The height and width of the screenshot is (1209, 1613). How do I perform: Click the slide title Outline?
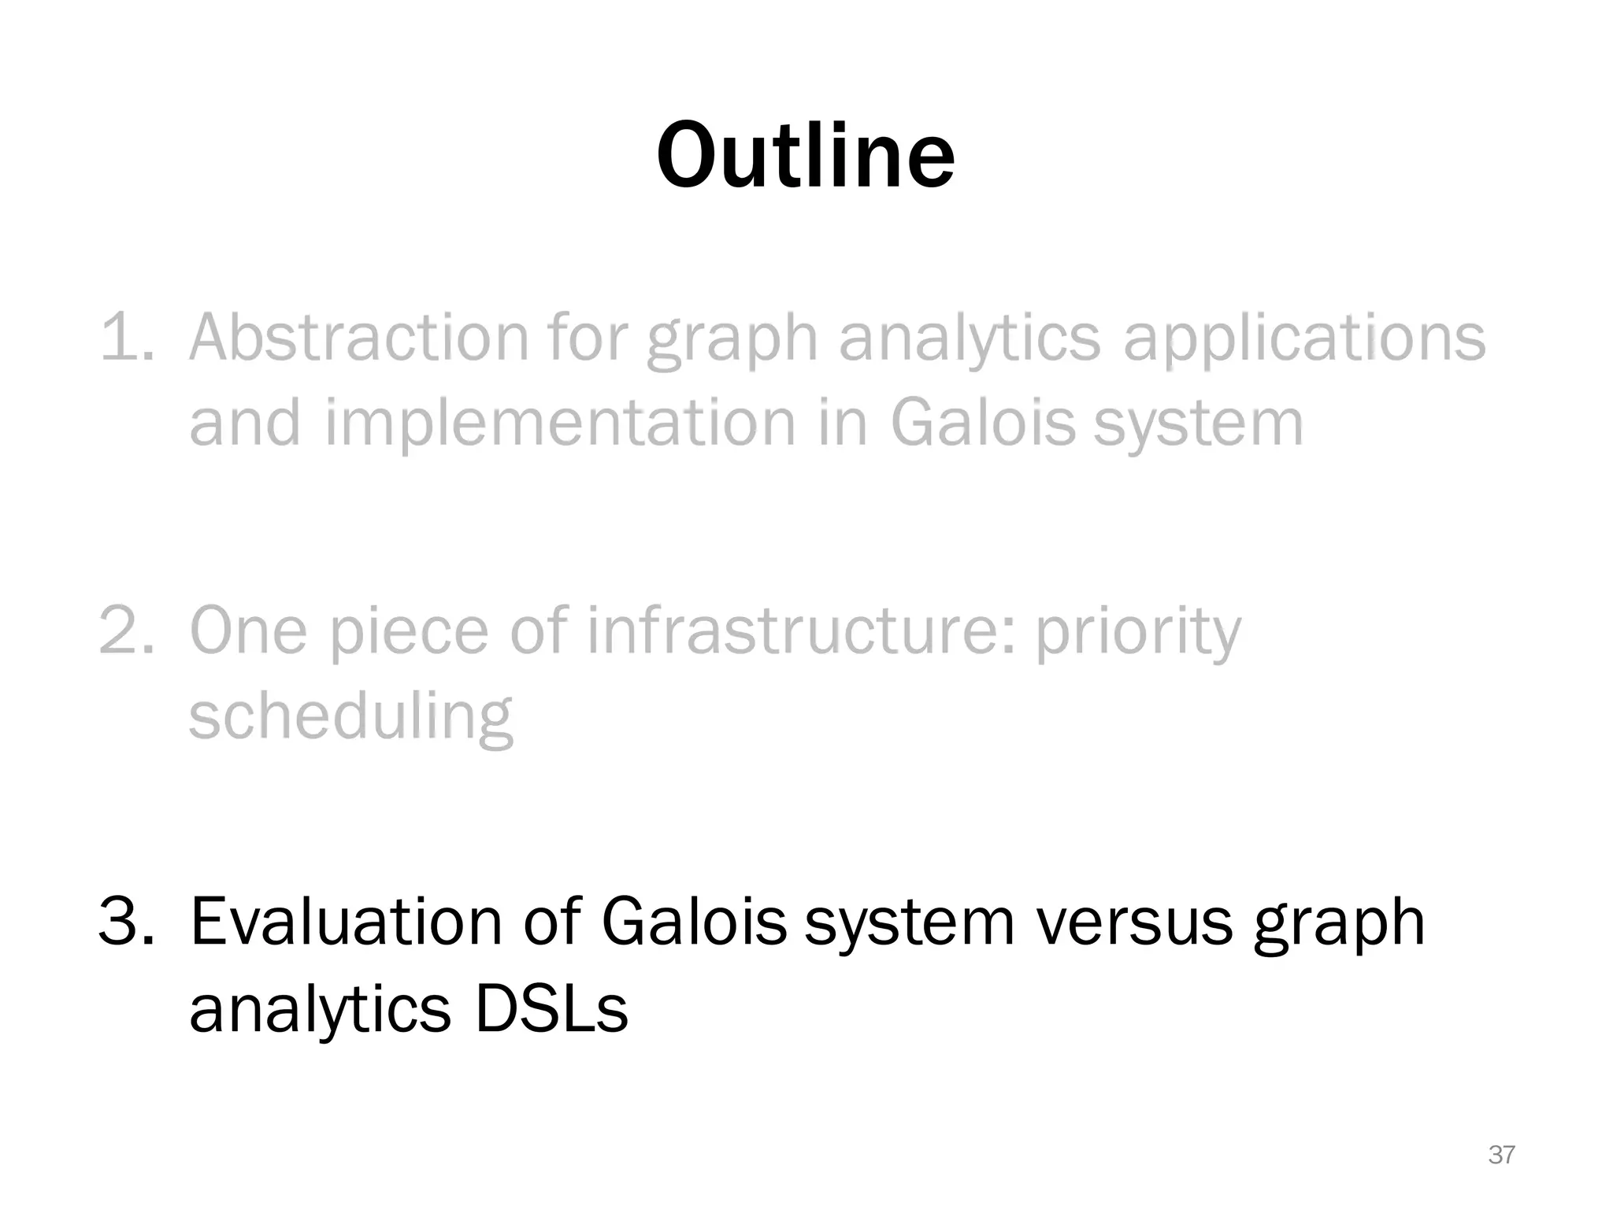click(x=806, y=156)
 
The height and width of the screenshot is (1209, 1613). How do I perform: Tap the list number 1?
click(x=126, y=338)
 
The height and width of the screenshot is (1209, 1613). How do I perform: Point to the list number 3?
click(x=126, y=922)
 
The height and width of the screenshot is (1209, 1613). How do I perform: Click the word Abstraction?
click(x=358, y=338)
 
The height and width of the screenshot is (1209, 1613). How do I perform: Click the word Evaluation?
click(x=346, y=922)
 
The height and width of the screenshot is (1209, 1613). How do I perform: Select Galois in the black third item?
click(x=693, y=922)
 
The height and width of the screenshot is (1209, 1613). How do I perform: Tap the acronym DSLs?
click(x=551, y=1009)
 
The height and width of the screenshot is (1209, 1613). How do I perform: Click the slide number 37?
click(x=1501, y=1155)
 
